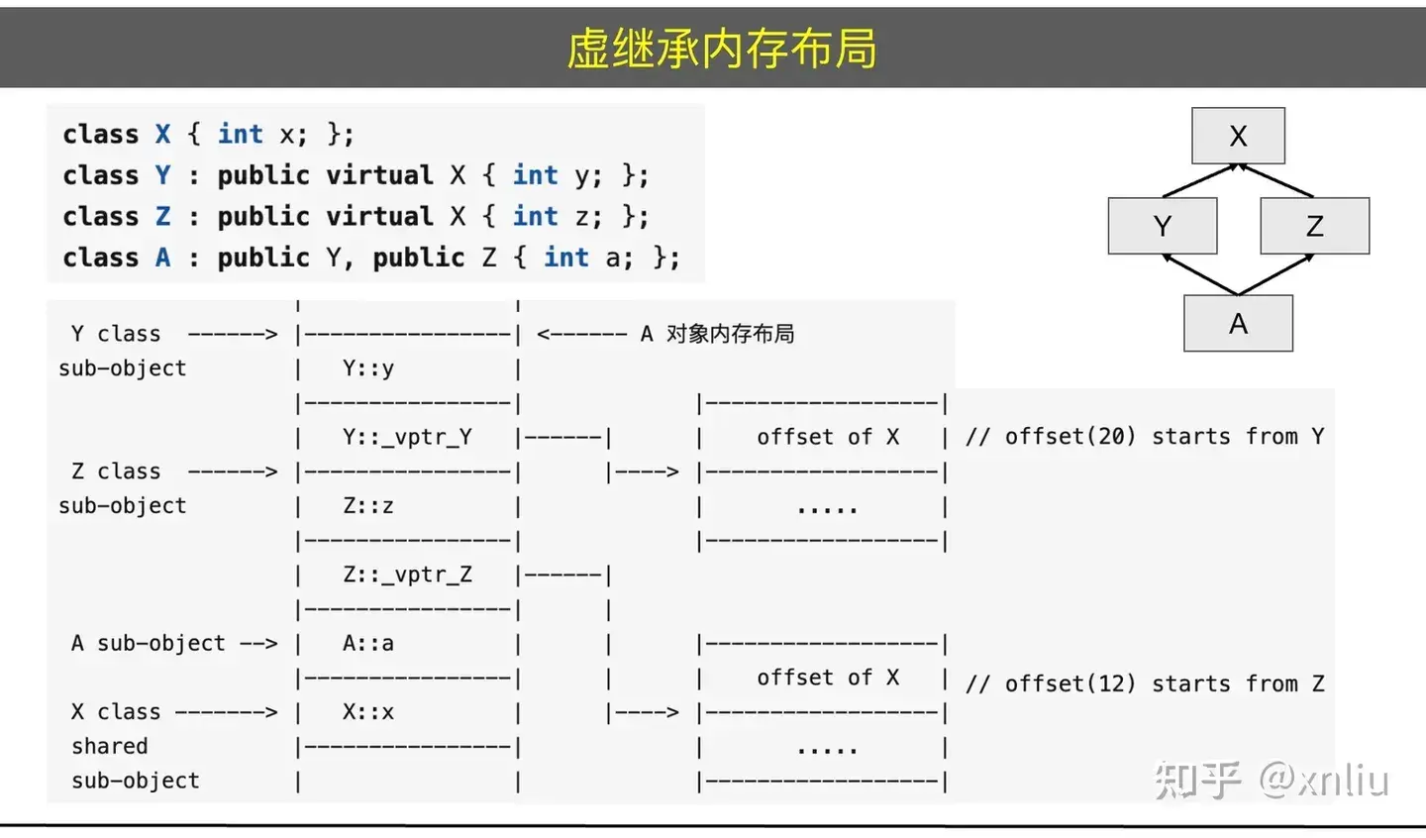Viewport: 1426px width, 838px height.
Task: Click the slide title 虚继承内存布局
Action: (721, 49)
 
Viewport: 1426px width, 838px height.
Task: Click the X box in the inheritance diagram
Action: (1238, 136)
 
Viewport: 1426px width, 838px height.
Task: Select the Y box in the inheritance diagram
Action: (1163, 226)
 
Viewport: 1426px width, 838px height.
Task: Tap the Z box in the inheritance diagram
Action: (1314, 226)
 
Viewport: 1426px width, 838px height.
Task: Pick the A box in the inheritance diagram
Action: (1238, 323)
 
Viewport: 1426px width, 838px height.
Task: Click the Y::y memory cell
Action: (368, 368)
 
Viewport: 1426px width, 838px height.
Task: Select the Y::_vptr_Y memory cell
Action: (407, 437)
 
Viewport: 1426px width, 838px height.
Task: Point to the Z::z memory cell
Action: (368, 505)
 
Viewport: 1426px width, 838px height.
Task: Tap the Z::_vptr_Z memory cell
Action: (407, 575)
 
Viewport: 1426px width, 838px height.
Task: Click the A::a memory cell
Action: (368, 643)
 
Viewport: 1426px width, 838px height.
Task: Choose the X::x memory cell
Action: (368, 712)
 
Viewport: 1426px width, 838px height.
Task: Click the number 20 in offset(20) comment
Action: (1110, 437)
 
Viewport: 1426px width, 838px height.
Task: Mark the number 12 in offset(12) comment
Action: (1110, 683)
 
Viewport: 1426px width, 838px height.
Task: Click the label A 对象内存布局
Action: (717, 334)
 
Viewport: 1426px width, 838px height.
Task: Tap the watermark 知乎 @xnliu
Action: (1272, 781)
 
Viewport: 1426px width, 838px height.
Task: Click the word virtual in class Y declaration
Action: (379, 175)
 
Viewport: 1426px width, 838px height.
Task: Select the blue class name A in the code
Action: (163, 258)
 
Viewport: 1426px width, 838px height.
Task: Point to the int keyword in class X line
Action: (241, 134)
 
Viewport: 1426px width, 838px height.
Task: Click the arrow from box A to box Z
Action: (1275, 274)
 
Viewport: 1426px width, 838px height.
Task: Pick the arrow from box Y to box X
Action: (1199, 180)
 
